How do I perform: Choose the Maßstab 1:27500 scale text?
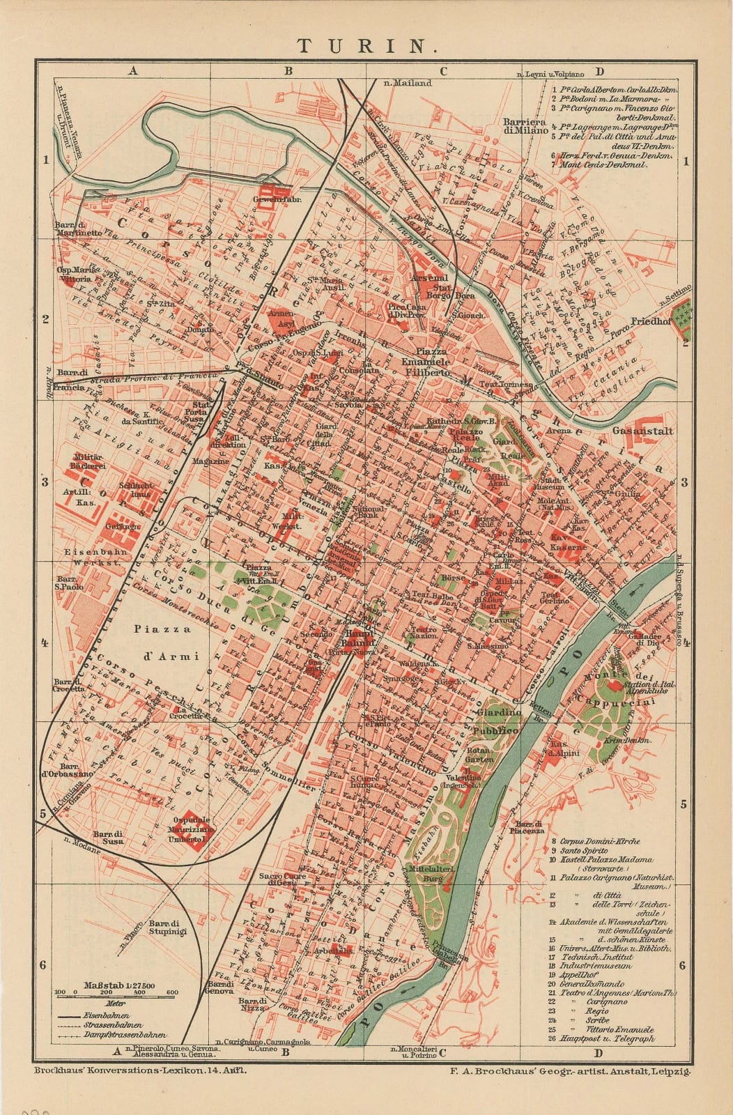120,985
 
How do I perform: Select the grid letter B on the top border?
287,70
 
